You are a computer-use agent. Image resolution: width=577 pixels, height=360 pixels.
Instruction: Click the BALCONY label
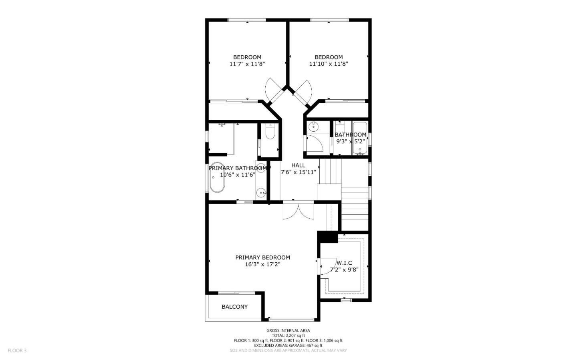(x=234, y=307)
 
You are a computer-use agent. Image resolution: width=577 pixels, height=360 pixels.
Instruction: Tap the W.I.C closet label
(x=344, y=263)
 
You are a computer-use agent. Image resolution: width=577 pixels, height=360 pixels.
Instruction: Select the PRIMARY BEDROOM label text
(x=262, y=257)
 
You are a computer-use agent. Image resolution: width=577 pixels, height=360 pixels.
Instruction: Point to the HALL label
(x=298, y=165)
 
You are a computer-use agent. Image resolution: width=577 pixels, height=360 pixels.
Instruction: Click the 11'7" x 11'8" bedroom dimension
(x=247, y=64)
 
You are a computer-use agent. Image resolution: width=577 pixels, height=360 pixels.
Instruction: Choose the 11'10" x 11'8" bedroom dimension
(x=329, y=64)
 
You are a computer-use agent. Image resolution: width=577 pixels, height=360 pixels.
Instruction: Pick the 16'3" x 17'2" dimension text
(x=262, y=264)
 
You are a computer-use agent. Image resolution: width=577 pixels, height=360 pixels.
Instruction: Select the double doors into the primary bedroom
(x=298, y=211)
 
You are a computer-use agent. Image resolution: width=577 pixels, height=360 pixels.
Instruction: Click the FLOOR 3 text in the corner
(x=17, y=350)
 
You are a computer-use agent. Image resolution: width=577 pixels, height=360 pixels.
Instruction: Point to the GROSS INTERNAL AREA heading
(x=288, y=330)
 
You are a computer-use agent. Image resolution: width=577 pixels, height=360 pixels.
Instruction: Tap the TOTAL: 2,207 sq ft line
(x=288, y=336)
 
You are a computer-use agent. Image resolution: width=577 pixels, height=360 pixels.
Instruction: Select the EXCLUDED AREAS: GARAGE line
(x=288, y=345)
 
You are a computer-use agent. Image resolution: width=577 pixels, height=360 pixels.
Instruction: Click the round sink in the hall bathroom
(x=313, y=127)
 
